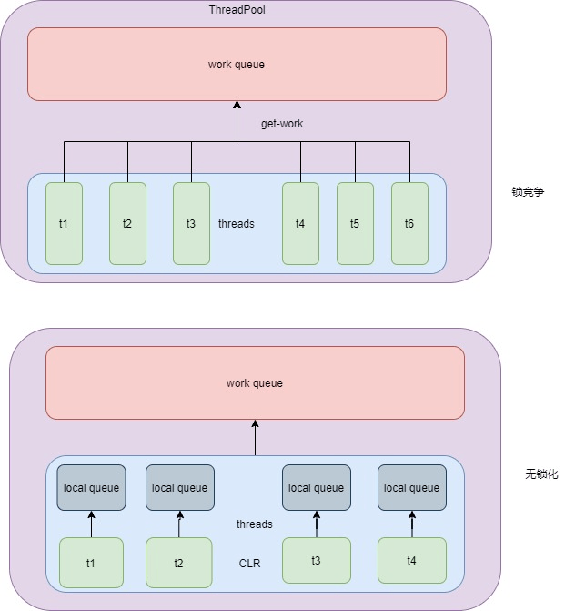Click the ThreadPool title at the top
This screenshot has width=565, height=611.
(x=237, y=9)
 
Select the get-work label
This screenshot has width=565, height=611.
(x=281, y=123)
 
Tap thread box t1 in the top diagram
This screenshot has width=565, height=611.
(x=64, y=223)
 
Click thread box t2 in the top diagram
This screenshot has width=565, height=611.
(x=127, y=223)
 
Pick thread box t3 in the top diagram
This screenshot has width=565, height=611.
(x=191, y=223)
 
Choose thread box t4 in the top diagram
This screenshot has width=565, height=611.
(x=300, y=223)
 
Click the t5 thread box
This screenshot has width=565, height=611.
(x=355, y=223)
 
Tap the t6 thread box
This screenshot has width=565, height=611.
(x=409, y=223)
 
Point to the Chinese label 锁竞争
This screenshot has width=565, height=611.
(x=528, y=192)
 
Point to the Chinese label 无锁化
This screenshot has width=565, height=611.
(x=541, y=474)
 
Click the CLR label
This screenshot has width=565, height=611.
(x=249, y=564)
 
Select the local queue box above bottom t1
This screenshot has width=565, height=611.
(x=91, y=488)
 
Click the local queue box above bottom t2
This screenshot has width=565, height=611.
(x=179, y=488)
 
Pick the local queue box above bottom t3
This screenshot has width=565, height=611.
(x=316, y=488)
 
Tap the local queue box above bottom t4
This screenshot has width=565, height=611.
(x=411, y=488)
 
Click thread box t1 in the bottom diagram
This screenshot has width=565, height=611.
(x=91, y=563)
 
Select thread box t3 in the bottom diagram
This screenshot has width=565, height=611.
(x=316, y=561)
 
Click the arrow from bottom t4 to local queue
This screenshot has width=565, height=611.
(x=412, y=524)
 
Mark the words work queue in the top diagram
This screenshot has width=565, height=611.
(x=237, y=65)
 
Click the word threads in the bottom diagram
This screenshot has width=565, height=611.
(x=254, y=524)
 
